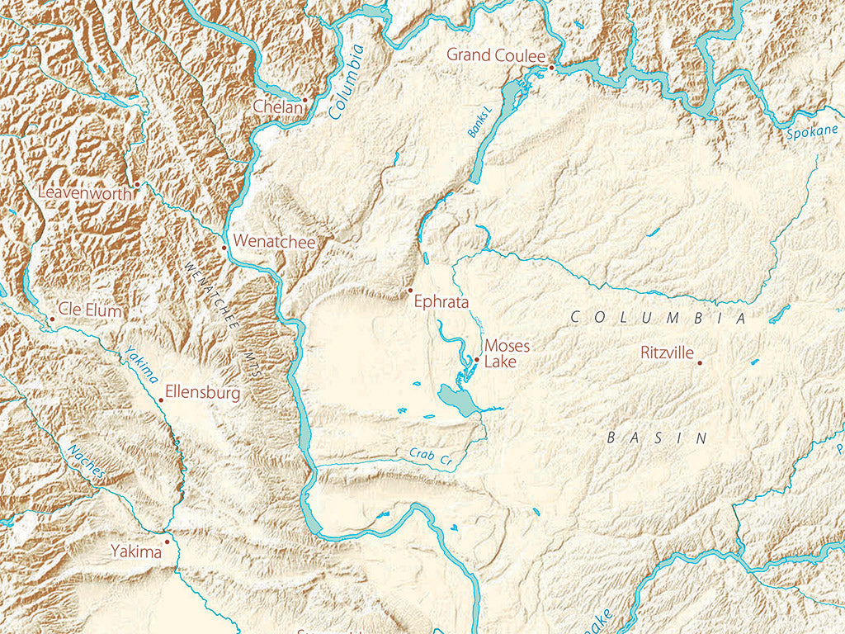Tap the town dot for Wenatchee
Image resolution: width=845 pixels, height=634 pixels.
pos(224,247)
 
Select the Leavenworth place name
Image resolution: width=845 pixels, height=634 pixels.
pos(84,192)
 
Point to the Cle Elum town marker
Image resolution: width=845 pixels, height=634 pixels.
pos(51,319)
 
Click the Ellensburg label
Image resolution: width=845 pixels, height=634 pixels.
pos(203,393)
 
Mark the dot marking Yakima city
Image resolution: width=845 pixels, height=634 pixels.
pos(167,542)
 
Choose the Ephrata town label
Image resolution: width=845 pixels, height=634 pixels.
pos(443,303)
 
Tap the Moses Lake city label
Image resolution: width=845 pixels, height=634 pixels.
pos(507,353)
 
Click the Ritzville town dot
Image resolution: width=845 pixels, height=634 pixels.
pos(700,362)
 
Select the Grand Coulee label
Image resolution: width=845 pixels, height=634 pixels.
pos(496,55)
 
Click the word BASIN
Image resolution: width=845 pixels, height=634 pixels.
pos(658,438)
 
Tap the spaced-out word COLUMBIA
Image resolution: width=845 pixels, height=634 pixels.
pos(659,317)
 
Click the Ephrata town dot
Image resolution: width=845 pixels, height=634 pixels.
pos(410,291)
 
